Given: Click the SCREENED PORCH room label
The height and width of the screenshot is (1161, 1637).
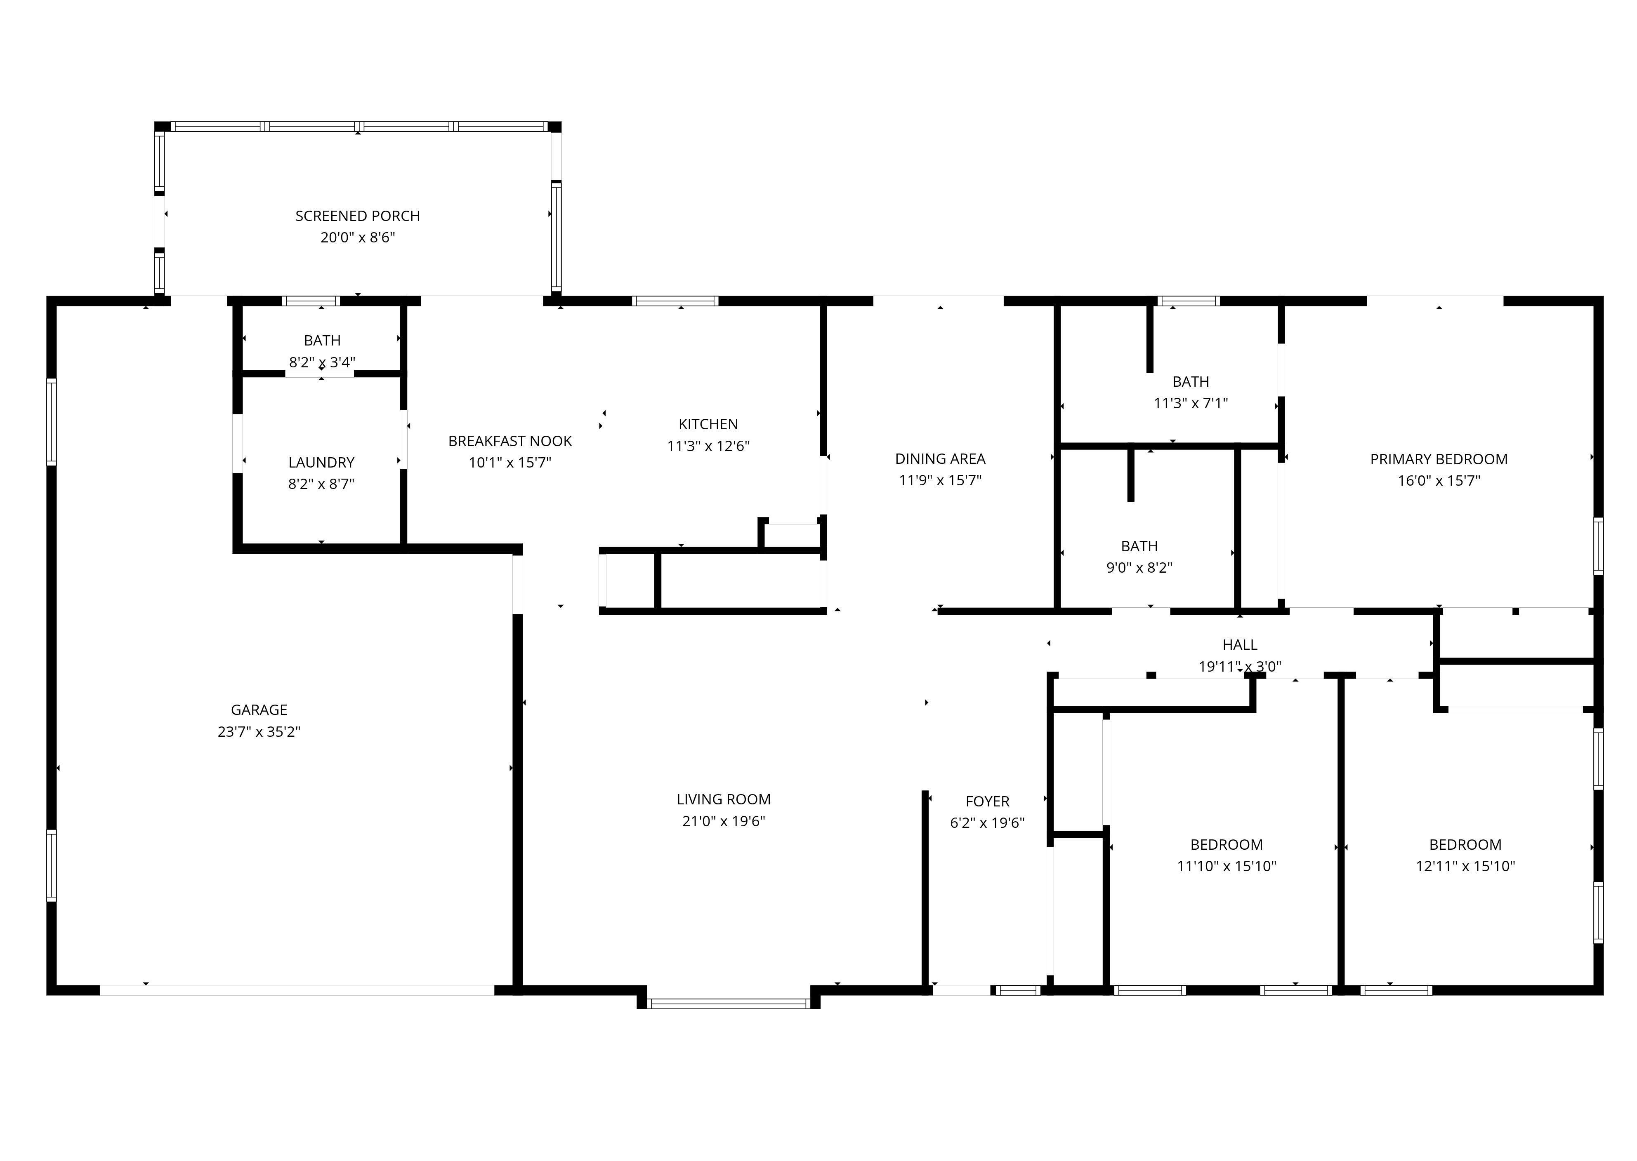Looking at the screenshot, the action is tap(358, 216).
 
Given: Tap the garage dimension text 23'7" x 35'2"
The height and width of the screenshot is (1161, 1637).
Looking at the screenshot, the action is tap(259, 731).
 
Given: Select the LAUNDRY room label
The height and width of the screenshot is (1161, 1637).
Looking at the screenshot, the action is tap(321, 463).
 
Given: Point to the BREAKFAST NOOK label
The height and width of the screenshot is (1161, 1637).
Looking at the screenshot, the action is tap(510, 441).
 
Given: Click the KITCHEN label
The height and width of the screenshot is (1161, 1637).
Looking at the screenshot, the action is tap(708, 424).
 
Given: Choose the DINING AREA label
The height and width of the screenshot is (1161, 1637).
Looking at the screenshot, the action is tap(940, 459).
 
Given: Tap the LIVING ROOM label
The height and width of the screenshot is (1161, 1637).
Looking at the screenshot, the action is tap(724, 799).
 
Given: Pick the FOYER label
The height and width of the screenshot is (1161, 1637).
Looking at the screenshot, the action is tap(987, 801).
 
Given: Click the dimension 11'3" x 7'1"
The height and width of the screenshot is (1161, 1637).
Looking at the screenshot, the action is tap(1191, 403).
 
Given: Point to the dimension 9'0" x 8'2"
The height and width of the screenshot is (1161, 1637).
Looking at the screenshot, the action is tap(1139, 568).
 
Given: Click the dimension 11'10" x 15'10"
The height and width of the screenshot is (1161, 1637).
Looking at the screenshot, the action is tap(1227, 866).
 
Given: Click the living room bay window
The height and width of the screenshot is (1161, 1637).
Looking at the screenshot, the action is tap(728, 1003).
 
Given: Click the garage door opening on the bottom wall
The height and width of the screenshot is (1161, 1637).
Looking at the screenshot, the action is tap(297, 990).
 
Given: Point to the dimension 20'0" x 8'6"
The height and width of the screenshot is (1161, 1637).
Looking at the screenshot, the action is tap(358, 237).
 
